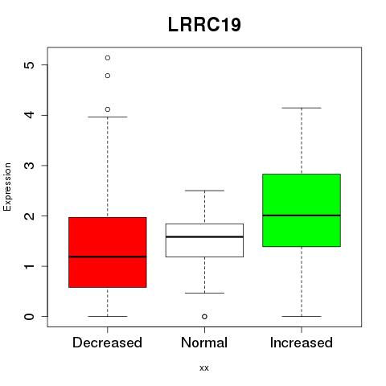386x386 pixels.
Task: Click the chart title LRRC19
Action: (204, 25)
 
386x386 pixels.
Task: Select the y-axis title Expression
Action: (7, 187)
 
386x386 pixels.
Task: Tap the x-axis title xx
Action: (204, 368)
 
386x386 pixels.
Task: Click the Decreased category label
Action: (107, 343)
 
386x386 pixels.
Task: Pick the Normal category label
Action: (204, 343)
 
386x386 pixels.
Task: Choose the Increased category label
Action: (302, 343)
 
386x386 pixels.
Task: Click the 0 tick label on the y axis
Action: (29, 317)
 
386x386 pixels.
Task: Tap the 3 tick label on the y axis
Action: (29, 166)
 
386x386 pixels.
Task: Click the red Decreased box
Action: (108, 253)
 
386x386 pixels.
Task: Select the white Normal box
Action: (204, 240)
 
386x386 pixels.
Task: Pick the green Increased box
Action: (302, 210)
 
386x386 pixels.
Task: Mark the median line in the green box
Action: (302, 216)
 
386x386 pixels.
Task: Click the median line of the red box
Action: (108, 257)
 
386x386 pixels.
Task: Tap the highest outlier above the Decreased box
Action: (108, 58)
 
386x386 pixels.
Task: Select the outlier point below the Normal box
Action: (204, 317)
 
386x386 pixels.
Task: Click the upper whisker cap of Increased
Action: (302, 108)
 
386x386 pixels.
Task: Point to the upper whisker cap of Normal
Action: (204, 191)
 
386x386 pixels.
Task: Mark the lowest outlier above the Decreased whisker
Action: (108, 109)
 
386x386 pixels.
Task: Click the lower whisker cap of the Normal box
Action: (204, 293)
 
